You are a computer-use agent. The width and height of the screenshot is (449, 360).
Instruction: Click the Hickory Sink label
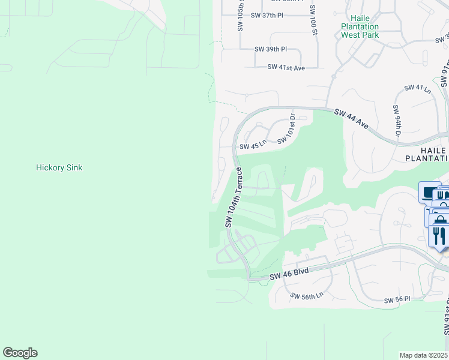point(59,167)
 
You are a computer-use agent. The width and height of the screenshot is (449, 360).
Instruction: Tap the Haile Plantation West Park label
point(360,26)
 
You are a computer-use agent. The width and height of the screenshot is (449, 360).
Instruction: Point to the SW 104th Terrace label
point(235,197)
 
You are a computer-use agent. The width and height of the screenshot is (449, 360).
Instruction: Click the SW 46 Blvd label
point(289,273)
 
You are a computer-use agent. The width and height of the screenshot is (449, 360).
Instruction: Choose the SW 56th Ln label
point(307,295)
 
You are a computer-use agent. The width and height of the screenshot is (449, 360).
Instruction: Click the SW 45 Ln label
point(253,146)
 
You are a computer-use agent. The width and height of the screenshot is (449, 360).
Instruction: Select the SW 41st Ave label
point(286,68)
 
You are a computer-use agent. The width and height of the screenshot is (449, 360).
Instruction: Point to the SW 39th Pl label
point(271,49)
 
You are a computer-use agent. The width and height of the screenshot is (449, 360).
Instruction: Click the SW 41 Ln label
point(418,88)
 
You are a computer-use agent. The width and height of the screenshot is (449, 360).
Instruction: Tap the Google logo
point(20,353)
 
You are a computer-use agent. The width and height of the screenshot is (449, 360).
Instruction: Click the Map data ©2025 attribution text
point(424,355)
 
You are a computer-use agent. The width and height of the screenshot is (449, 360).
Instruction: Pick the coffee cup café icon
point(429,193)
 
